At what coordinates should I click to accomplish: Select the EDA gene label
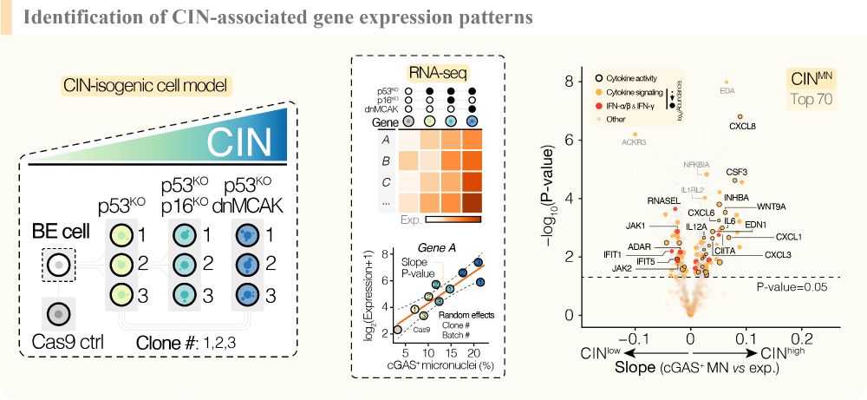(x=727, y=89)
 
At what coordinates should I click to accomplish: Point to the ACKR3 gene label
(x=634, y=143)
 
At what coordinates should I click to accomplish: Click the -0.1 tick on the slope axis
(x=635, y=335)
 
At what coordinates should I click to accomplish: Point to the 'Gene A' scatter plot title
(x=445, y=247)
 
